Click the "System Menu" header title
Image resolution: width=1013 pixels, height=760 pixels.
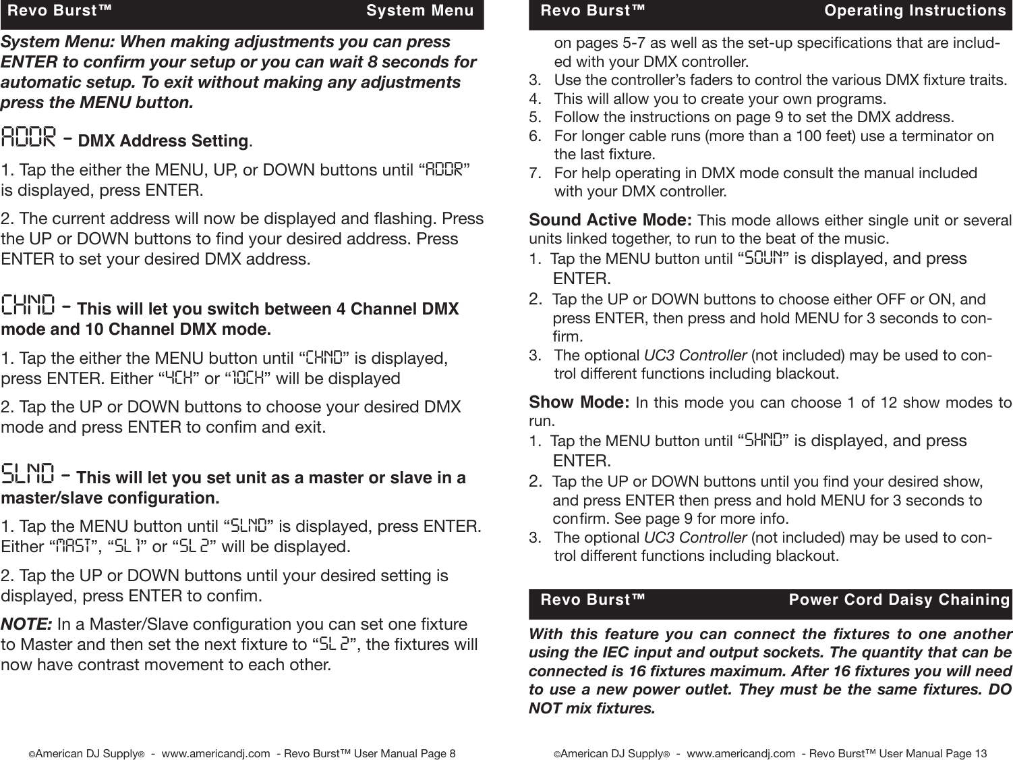click(x=419, y=11)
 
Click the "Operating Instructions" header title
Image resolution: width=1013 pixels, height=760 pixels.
click(x=915, y=11)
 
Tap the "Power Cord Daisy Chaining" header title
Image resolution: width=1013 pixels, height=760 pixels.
click(x=899, y=600)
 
